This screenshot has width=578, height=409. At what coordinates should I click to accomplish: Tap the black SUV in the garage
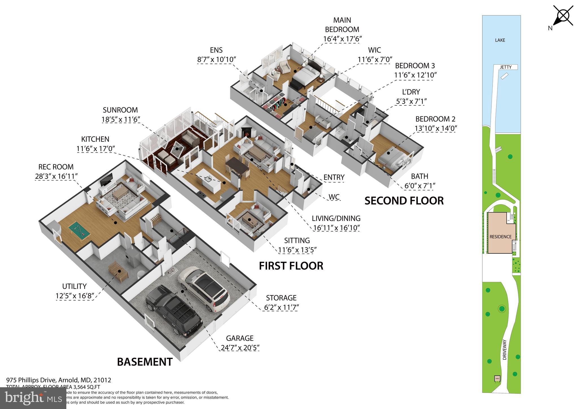point(174,311)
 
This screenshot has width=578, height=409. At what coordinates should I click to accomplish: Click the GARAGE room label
point(240,338)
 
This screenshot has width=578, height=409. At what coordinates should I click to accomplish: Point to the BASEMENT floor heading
point(144,362)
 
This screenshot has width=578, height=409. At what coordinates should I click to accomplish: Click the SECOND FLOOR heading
point(404,201)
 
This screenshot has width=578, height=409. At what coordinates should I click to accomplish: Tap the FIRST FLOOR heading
point(291,266)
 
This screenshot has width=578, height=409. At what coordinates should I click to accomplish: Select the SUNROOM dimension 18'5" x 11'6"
point(121,119)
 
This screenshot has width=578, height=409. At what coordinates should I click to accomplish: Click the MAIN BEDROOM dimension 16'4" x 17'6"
point(342,39)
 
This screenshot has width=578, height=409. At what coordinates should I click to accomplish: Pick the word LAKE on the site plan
point(500,40)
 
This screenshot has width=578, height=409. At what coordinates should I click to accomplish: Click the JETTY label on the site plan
point(505,67)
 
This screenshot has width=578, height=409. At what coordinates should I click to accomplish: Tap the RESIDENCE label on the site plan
point(500,237)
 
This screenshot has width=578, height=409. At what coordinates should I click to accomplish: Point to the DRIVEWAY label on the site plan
point(505,350)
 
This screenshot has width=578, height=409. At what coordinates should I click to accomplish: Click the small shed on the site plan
point(497,378)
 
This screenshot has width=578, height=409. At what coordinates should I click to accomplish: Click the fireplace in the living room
point(246,132)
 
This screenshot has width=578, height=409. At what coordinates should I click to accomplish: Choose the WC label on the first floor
point(334,197)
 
